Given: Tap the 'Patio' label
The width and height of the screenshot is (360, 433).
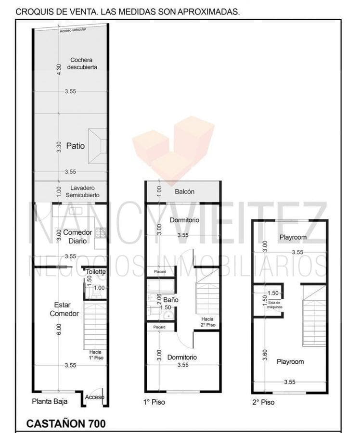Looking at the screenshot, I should [76, 145].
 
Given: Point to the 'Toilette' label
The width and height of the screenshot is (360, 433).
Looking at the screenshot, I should [96, 272].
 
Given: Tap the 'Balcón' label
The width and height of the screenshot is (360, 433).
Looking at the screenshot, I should [184, 191].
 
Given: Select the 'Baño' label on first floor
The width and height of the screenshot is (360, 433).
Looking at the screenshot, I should [170, 300].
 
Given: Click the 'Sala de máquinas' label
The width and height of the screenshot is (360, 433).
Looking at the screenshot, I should [276, 304].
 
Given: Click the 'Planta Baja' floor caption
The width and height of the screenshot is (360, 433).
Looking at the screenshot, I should [50, 401].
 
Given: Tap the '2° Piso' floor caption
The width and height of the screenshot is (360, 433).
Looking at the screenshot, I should [263, 401].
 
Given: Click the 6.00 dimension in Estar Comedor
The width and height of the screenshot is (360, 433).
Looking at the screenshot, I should [59, 329].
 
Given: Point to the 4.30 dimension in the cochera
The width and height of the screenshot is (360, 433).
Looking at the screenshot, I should [59, 69].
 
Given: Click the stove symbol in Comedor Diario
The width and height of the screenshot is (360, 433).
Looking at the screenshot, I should [101, 233].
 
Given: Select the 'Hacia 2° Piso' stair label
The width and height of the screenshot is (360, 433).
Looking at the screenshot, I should [208, 322].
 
